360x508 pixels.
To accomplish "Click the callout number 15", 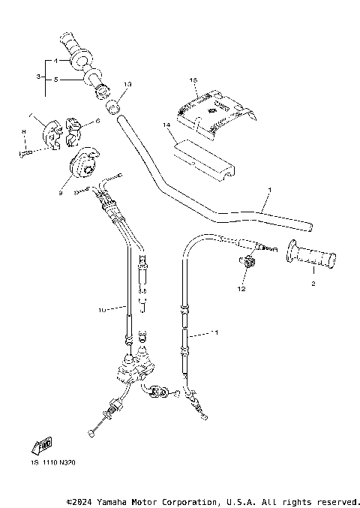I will point(193,80).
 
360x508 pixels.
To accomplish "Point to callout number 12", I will point(241,287).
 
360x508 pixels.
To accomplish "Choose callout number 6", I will point(97,122).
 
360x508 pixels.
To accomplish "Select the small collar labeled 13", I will point(114,106).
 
